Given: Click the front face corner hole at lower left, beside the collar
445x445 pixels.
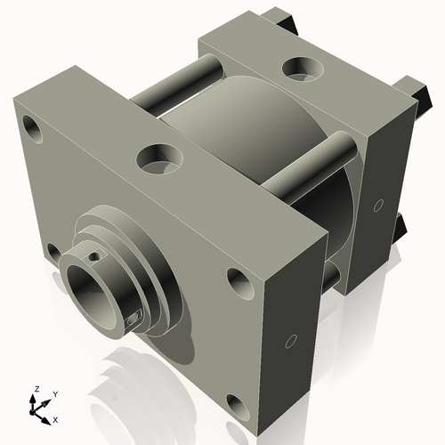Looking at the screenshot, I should pos(53,253).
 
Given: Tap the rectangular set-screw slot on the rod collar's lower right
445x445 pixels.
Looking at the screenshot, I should pos(134,318).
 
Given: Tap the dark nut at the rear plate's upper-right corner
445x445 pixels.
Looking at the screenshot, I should pos(412,89).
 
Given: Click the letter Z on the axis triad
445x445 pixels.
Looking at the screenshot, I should pos(36,390).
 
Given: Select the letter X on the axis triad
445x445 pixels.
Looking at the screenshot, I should pos(56,418).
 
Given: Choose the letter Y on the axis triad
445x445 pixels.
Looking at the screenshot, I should pos(54,393).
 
